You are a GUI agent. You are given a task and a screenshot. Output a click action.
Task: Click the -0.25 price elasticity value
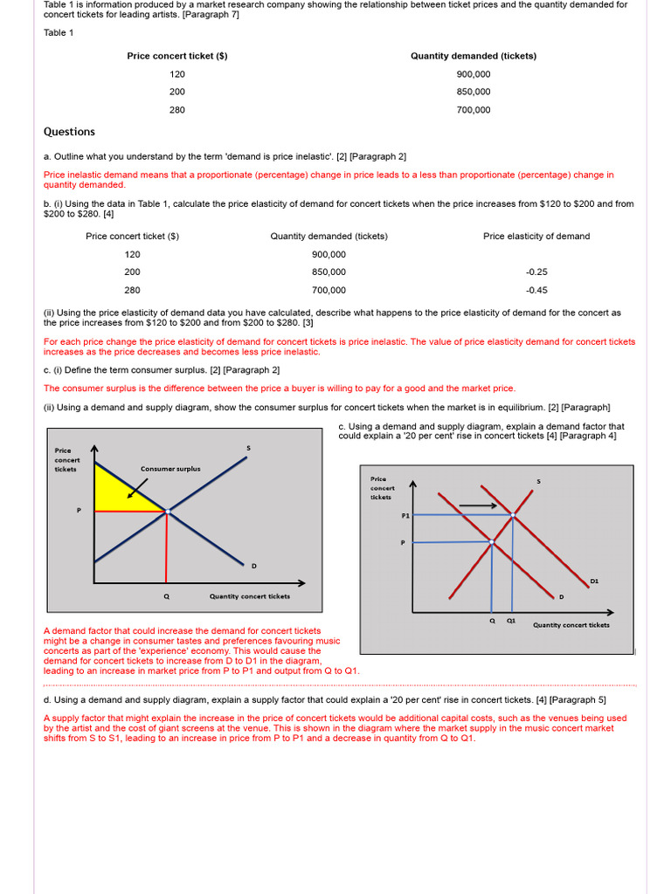click(x=536, y=272)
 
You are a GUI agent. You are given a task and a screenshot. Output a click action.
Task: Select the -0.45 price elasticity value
click(x=536, y=291)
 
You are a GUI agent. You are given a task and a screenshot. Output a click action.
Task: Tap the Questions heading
click(x=69, y=132)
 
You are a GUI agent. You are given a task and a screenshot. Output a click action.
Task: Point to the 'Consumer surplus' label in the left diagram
click(x=170, y=469)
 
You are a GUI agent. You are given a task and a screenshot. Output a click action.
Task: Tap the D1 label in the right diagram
click(x=594, y=580)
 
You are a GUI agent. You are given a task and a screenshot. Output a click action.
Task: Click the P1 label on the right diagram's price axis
click(x=405, y=516)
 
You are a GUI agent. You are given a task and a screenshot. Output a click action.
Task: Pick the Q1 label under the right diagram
click(x=511, y=621)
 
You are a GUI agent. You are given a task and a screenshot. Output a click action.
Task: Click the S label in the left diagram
click(x=248, y=449)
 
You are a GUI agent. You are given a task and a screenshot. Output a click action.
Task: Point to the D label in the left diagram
click(x=254, y=567)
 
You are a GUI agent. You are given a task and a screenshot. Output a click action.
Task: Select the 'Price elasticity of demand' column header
click(x=536, y=237)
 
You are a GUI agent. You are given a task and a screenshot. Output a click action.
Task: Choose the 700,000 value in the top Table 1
click(x=474, y=110)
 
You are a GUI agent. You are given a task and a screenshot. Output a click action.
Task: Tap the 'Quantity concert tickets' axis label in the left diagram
click(x=249, y=596)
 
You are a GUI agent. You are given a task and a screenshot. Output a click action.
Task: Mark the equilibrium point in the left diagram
click(x=167, y=512)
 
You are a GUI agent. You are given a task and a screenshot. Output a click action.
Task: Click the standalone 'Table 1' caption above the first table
click(x=59, y=33)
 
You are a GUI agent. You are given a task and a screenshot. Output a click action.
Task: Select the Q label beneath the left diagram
click(x=166, y=596)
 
